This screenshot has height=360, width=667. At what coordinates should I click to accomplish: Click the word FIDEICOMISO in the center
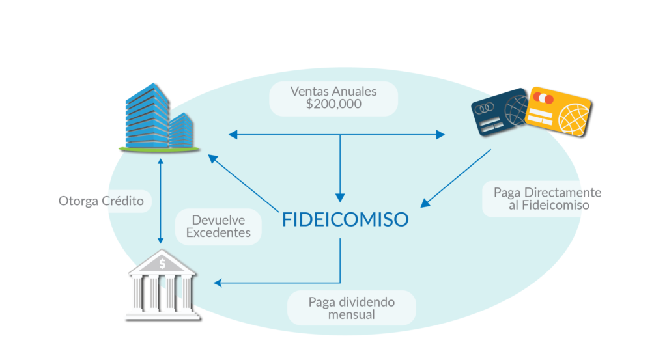345,219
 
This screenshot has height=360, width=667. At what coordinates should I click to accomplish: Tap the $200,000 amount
333,104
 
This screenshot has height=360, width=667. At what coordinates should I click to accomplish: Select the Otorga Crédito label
101,201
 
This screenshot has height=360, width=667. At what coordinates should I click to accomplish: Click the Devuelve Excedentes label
218,227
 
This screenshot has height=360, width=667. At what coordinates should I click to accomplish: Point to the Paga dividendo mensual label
351,308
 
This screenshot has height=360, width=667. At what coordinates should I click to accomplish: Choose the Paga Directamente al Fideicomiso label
547,199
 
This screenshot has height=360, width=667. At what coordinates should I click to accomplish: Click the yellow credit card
558,111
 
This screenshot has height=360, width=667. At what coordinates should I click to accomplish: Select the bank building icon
162,284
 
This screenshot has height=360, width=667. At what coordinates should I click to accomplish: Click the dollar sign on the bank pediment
162,264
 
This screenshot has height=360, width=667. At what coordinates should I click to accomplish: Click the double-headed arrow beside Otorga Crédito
160,201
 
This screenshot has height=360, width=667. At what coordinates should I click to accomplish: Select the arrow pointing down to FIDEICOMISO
340,169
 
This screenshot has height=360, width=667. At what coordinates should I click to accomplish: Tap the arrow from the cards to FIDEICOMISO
455,178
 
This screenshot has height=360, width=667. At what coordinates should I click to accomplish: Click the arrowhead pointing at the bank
218,283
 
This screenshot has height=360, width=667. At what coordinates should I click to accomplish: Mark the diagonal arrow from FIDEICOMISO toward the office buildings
244,183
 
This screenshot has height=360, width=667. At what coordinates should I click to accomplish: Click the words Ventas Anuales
333,91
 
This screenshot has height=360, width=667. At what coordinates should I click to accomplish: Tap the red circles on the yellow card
543,98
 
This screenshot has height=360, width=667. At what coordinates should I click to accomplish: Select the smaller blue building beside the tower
182,130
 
